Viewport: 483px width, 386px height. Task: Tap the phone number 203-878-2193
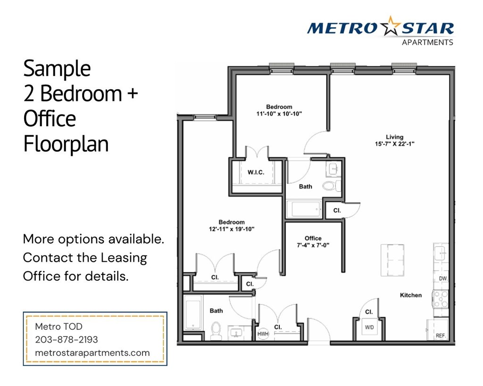(67, 339)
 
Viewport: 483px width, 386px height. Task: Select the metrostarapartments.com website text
(92, 353)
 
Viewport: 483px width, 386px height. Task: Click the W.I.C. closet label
(256, 172)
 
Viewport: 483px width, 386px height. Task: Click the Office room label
(313, 238)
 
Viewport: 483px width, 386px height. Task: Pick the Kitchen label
(410, 295)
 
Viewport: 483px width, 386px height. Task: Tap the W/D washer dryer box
(369, 327)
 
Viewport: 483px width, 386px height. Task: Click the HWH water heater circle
(263, 334)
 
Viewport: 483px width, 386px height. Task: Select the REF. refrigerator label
(441, 336)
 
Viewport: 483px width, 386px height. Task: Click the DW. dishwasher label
(443, 279)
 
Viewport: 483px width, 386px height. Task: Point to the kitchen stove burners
(441, 299)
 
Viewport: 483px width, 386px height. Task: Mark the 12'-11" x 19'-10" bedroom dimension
(232, 229)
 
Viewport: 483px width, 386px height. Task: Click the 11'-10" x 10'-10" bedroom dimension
(279, 113)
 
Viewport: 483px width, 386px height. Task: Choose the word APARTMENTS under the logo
(427, 42)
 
